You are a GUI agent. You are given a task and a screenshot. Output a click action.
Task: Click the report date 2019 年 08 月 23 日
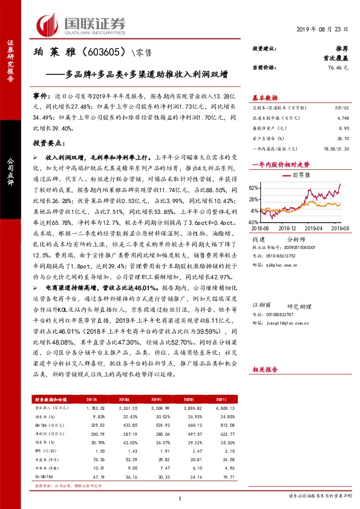(321, 30)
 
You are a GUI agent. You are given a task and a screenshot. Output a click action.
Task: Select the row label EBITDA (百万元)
(50, 426)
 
